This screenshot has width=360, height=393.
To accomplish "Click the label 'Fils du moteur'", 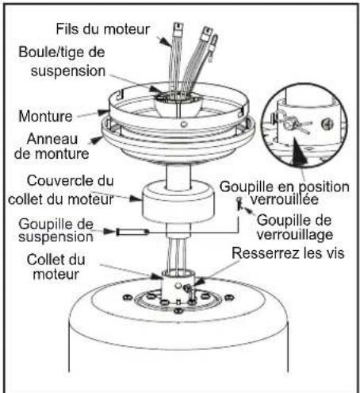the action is click(103, 29).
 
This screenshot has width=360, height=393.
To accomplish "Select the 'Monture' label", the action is click(45, 117).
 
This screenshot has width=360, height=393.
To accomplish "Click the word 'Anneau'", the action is click(52, 139).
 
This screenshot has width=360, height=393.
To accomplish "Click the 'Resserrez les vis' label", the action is click(288, 253).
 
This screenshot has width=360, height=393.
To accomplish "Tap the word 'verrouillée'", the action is click(285, 199).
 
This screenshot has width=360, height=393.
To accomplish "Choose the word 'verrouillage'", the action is click(295, 235).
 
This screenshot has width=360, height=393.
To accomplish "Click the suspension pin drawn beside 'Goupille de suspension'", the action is click(132, 232).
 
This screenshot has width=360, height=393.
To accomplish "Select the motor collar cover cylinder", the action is click(178, 202).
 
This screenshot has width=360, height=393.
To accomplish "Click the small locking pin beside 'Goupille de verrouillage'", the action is click(239, 202).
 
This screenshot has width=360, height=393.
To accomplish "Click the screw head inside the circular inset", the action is click(327, 124).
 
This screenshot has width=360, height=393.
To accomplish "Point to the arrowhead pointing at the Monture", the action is click(102, 112).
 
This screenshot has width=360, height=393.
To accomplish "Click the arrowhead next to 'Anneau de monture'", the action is click(96, 140).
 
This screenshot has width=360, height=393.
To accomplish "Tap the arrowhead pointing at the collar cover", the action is click(136, 198).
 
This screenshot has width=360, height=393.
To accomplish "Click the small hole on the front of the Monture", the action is click(184, 124).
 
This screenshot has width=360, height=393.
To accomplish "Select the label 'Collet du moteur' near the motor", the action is click(56, 267).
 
